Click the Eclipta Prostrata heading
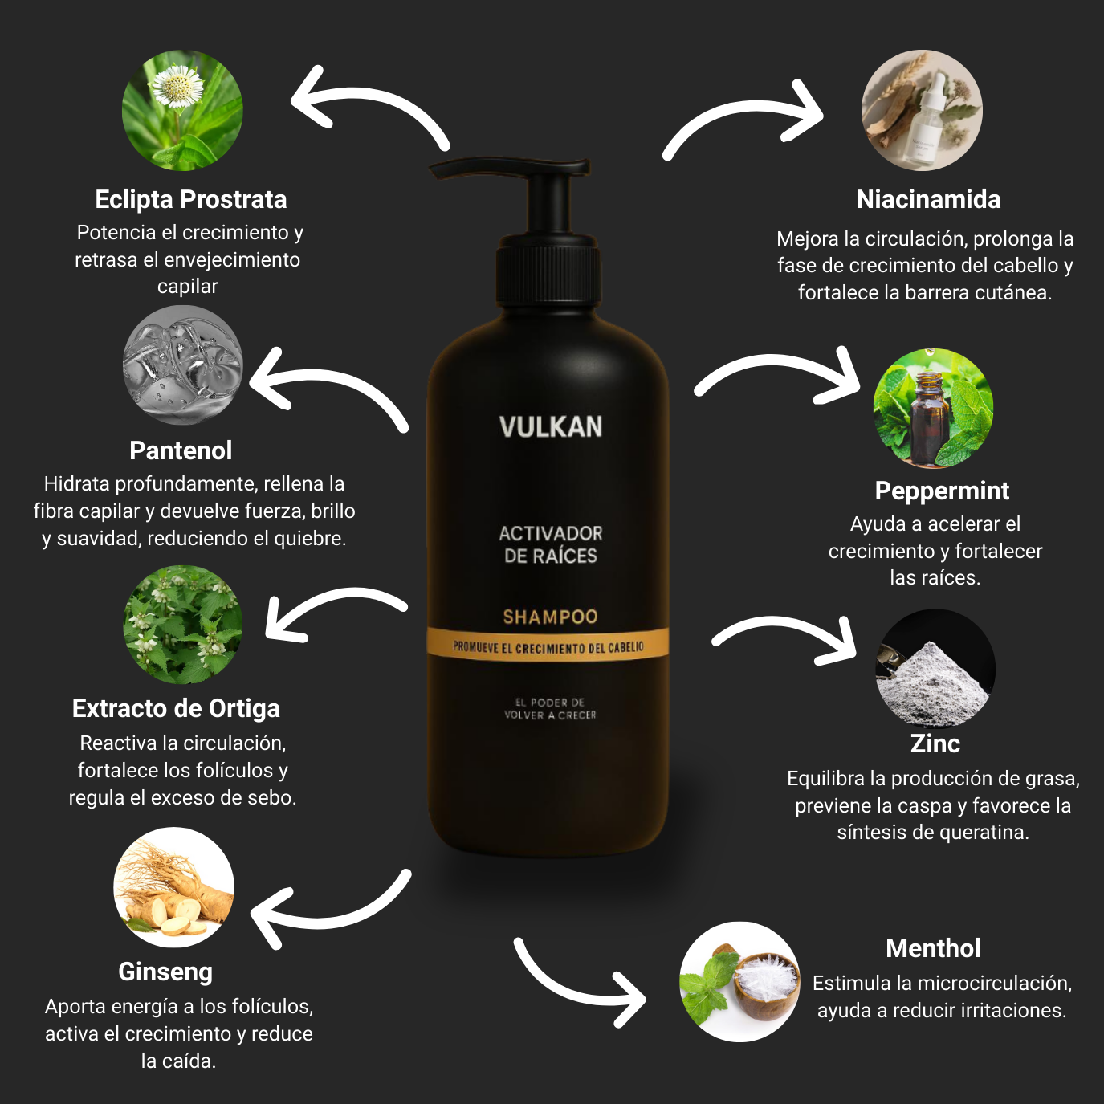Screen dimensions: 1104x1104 click(x=191, y=199)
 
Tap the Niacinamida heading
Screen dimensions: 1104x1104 click(x=928, y=199)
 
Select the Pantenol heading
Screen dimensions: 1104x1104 click(x=181, y=450)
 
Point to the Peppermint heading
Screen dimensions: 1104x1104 click(x=941, y=491)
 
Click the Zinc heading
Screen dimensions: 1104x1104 click(x=935, y=743)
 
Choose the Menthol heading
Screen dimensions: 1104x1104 click(x=933, y=948)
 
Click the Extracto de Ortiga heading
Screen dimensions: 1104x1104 click(x=176, y=709)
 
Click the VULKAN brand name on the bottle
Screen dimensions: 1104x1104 click(x=550, y=427)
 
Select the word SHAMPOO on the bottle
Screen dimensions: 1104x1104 click(x=550, y=617)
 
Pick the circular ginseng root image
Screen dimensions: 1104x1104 click(x=173, y=887)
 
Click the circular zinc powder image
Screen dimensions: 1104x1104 click(x=935, y=669)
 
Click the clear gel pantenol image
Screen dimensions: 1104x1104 click(x=183, y=365)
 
